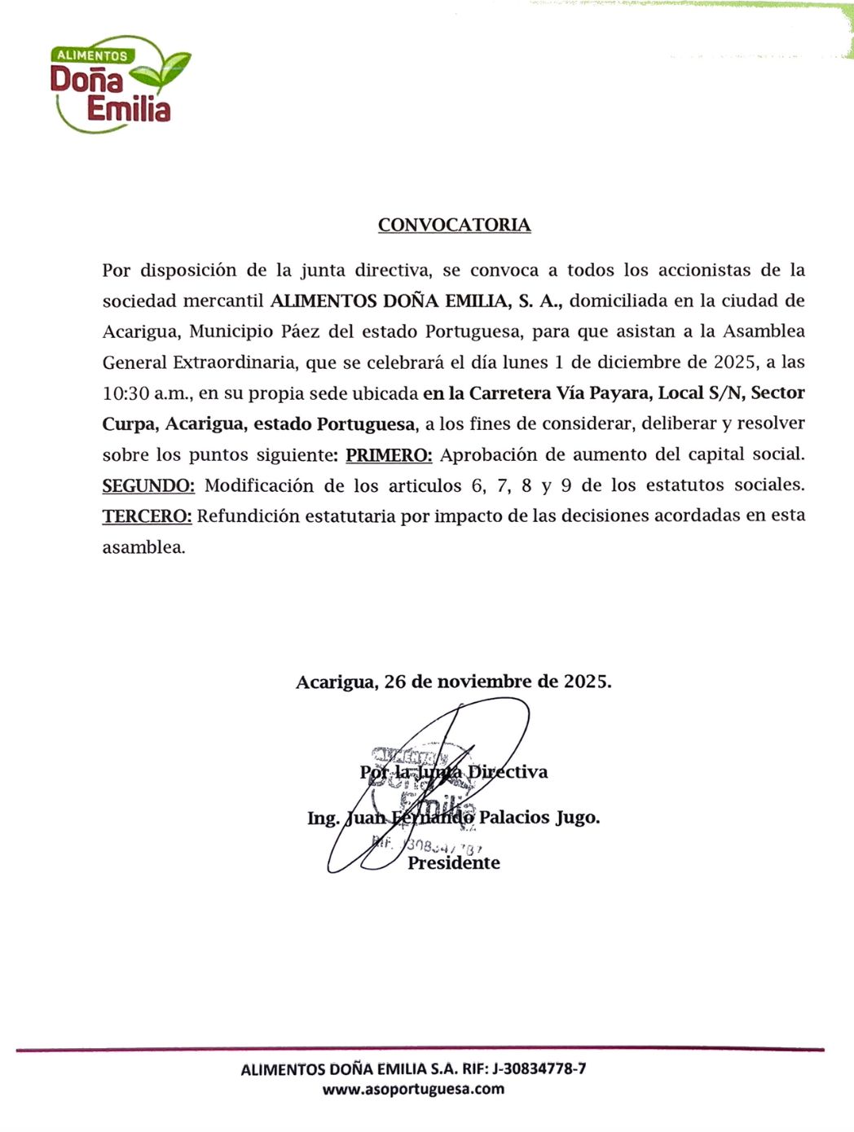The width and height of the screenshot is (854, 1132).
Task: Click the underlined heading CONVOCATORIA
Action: click(x=454, y=225)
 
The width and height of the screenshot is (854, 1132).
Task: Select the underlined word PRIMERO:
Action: click(x=389, y=454)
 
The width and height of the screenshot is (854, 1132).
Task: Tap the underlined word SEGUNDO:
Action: click(x=148, y=485)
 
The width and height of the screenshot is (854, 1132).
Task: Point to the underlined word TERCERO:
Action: click(x=147, y=516)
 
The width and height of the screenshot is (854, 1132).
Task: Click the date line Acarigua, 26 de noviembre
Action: click(x=453, y=682)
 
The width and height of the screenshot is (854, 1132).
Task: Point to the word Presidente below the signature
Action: click(x=454, y=863)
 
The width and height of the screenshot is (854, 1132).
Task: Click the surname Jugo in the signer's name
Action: click(x=577, y=818)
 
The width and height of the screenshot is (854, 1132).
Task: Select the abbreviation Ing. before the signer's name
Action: click(x=323, y=818)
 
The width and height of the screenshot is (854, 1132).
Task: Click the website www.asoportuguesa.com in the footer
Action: click(x=413, y=1089)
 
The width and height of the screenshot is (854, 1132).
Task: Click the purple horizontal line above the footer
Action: click(x=420, y=1049)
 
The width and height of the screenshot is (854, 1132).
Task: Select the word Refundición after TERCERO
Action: click(x=249, y=516)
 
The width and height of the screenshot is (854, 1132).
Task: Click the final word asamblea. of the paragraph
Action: click(x=143, y=547)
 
